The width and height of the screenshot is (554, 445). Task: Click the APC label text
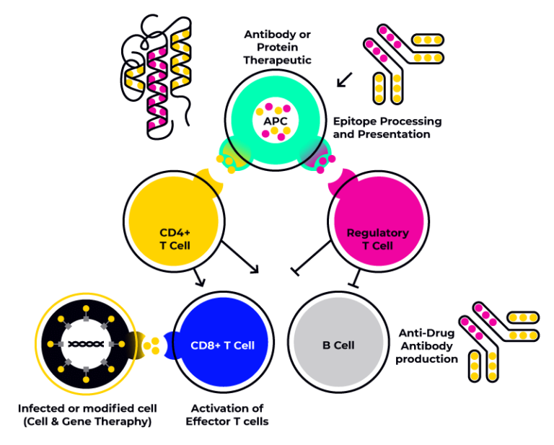(x=276, y=120)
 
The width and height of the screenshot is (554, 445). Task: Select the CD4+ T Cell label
(x=175, y=239)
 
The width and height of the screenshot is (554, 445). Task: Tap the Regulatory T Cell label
(x=377, y=239)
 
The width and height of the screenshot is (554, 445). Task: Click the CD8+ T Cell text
(x=222, y=345)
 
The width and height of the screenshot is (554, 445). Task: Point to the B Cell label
(x=338, y=345)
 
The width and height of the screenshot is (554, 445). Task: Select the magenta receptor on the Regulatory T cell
(x=343, y=182)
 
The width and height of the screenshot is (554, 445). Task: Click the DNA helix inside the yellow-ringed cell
(x=86, y=344)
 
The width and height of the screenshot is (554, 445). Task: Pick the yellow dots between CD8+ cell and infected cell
(x=151, y=345)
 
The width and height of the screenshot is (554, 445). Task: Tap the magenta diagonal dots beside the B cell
(x=477, y=321)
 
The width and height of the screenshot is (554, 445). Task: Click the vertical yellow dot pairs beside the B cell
(x=483, y=366)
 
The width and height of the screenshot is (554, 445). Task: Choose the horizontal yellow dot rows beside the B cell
(x=523, y=326)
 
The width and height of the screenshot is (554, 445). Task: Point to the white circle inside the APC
(x=275, y=119)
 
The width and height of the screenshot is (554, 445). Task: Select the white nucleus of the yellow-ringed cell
(x=86, y=344)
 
